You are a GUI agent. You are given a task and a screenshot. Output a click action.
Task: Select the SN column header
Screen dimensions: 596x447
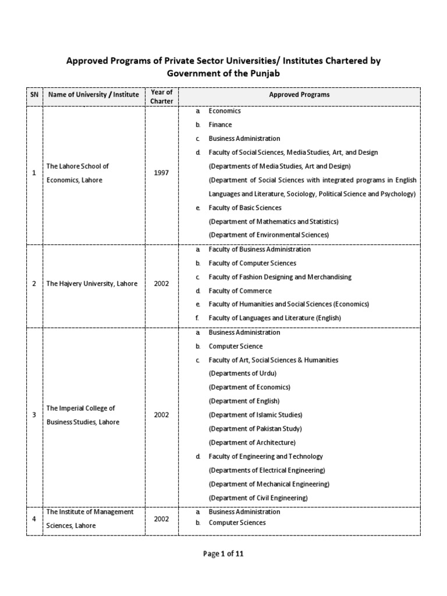34,94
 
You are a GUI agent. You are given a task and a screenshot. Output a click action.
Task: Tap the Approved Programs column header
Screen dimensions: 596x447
299,94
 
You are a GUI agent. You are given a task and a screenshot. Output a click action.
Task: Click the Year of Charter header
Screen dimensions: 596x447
162,97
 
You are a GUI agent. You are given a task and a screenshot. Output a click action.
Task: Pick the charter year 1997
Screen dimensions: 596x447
162,173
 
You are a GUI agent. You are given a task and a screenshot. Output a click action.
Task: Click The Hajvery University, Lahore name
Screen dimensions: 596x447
92,283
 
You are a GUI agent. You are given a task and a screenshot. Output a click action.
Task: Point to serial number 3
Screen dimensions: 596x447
34,415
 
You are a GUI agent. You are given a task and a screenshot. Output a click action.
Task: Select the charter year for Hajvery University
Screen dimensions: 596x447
162,283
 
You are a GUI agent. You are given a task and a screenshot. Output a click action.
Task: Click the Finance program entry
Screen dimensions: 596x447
220,125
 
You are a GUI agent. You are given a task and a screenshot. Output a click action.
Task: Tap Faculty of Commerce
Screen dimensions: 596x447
240,290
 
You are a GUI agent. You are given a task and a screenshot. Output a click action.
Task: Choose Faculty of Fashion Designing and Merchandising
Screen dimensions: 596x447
280,277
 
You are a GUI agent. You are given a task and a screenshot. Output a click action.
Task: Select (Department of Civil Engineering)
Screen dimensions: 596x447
258,498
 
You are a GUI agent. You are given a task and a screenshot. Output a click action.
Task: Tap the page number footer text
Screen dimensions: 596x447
223,554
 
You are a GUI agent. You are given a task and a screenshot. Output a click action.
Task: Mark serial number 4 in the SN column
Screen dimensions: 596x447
34,519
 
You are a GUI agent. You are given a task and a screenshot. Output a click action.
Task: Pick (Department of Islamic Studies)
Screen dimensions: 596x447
256,415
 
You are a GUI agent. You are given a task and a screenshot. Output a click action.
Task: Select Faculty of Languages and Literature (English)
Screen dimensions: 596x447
275,318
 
